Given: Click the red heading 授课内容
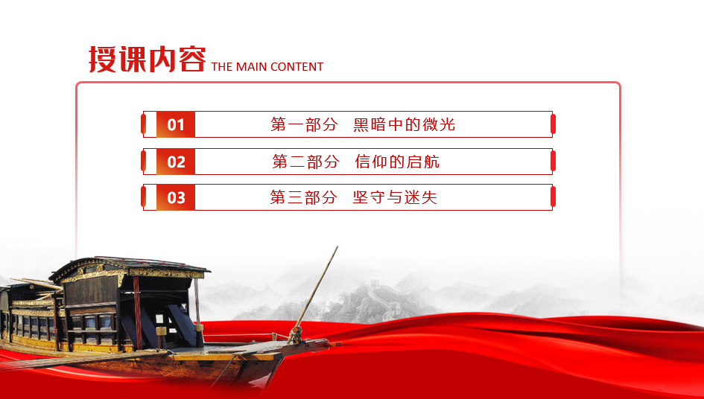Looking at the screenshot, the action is point(148,59).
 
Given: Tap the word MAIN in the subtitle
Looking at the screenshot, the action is point(252,67).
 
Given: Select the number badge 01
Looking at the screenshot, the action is point(176,124).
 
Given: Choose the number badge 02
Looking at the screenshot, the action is point(176,162).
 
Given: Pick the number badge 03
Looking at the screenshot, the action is point(176,197).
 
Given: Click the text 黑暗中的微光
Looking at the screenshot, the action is point(404,124).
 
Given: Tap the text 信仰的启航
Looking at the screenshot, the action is point(397,162).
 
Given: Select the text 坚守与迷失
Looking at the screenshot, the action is point(395,197).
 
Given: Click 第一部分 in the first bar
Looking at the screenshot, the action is point(304,124).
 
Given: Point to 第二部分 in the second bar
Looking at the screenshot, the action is point(305,162).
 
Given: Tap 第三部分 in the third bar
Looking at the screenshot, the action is point(303,197).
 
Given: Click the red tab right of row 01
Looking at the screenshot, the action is point(553,124).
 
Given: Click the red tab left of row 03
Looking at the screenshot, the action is point(143,197).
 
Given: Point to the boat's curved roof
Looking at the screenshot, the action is point(130,266).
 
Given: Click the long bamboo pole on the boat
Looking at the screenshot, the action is point(314,293).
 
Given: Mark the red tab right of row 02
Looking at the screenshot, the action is point(553,162).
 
